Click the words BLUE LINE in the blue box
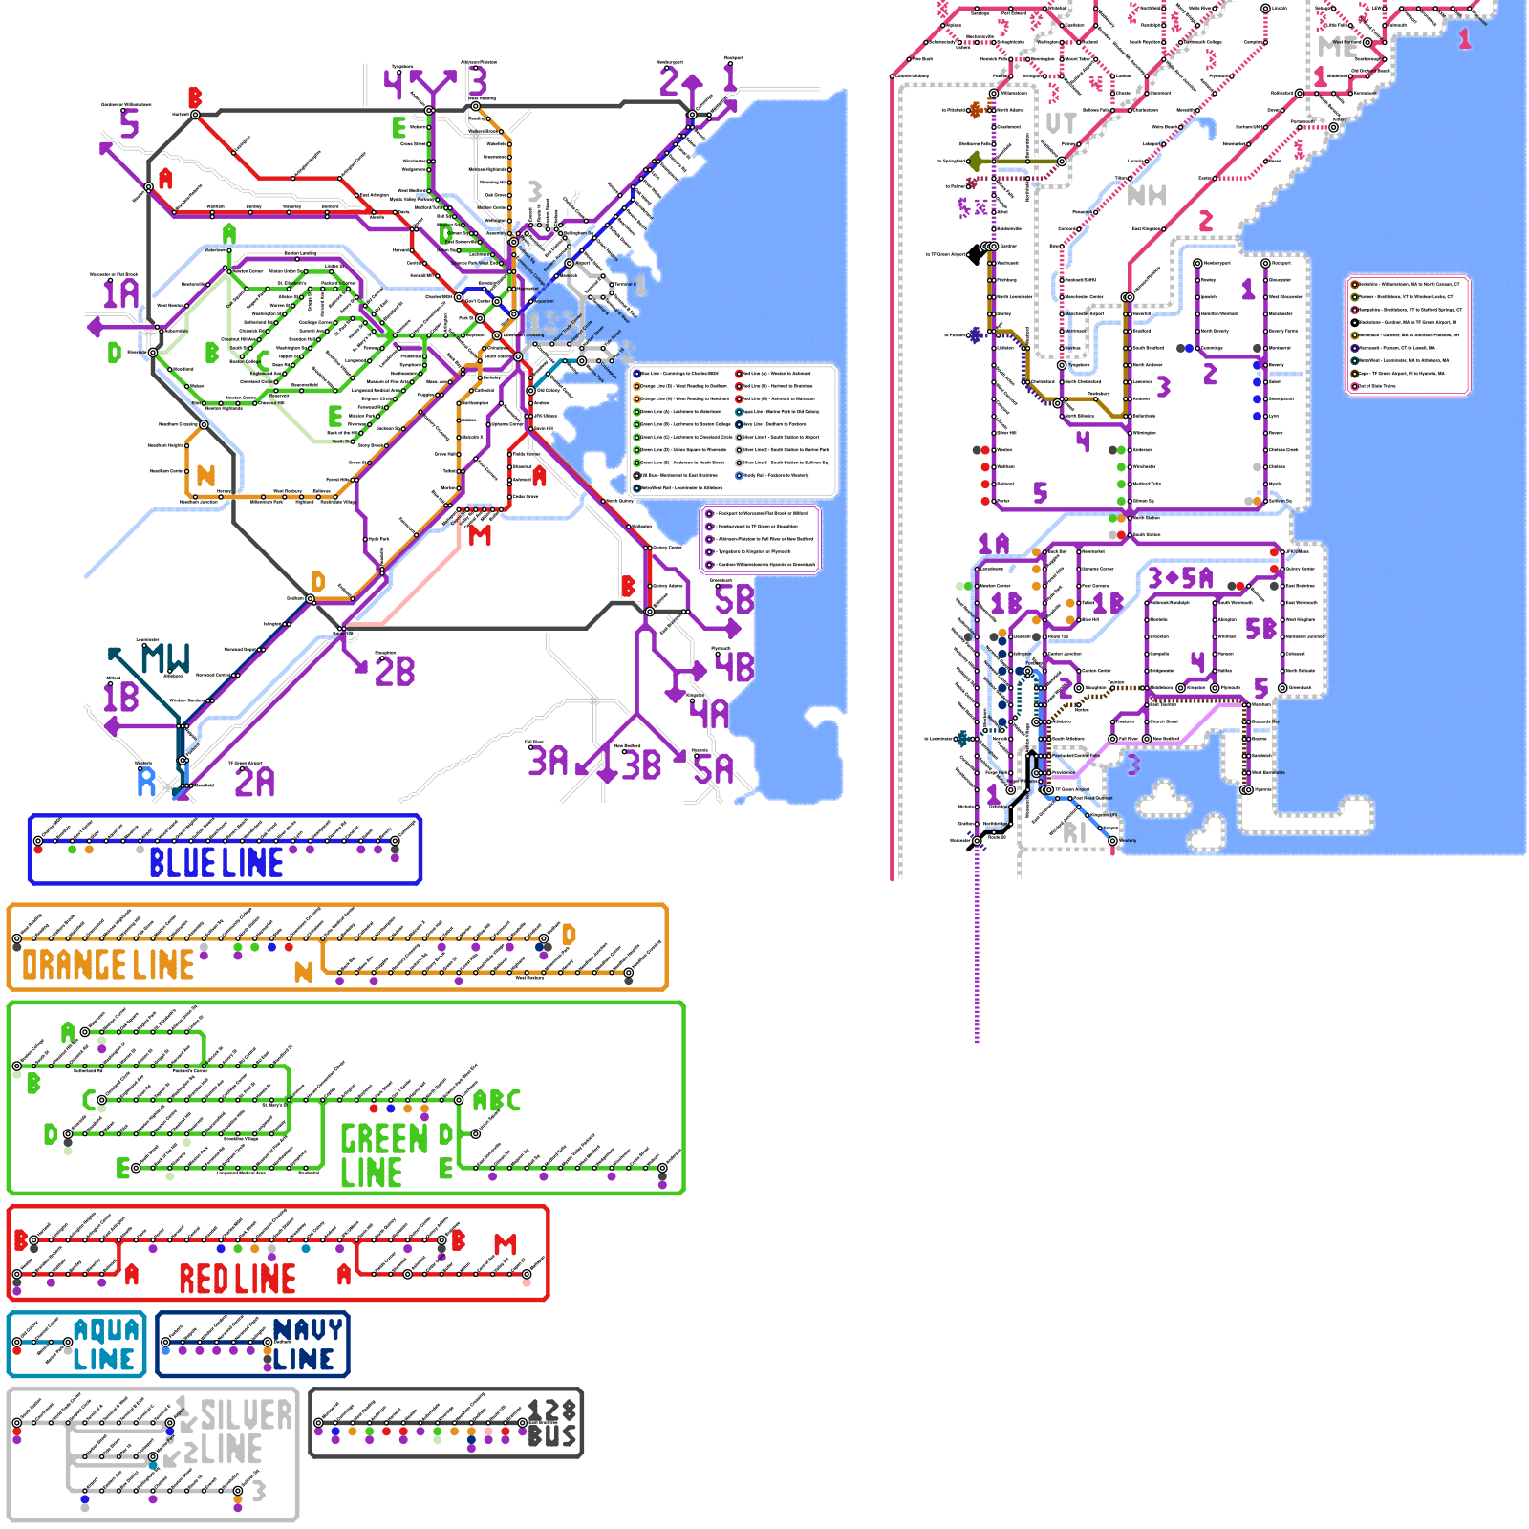[x=217, y=863]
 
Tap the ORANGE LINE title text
[x=108, y=965]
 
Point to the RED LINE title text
[x=238, y=1279]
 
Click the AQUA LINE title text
[x=105, y=1345]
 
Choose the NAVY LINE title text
[x=306, y=1345]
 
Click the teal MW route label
[x=166, y=658]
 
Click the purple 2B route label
[x=395, y=672]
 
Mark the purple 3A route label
[x=549, y=762]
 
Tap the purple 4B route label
[x=734, y=667]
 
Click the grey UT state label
[x=1061, y=123]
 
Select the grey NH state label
[x=1147, y=196]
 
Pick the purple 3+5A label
[x=1180, y=578]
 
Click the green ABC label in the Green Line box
[x=497, y=1101]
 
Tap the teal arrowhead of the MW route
[x=115, y=654]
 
